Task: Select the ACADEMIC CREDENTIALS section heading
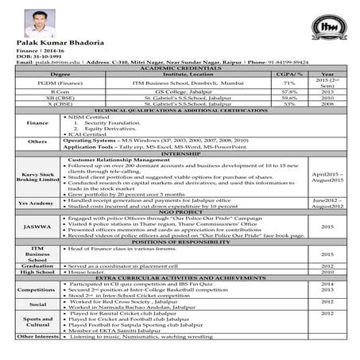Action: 180,70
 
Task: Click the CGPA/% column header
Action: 289,75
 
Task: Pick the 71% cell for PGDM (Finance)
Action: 289,83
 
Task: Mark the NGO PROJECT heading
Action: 180,212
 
